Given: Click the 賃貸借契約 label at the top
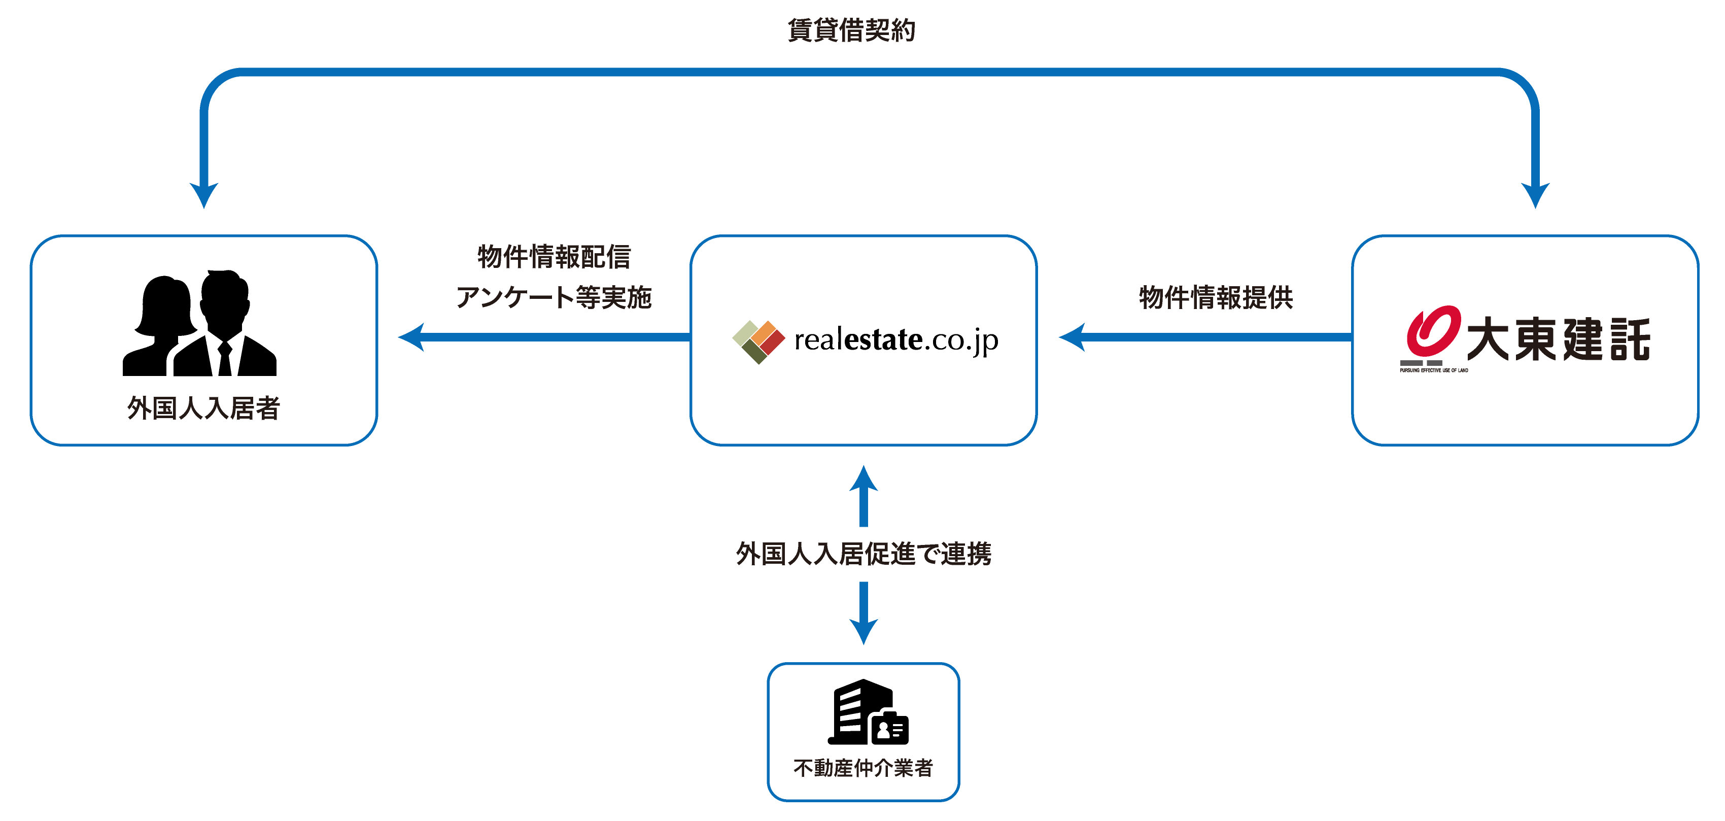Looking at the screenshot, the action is click(851, 30).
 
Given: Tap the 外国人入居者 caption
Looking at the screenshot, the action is click(203, 408).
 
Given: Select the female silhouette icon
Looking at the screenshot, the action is click(161, 326).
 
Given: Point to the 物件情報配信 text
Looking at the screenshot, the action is click(555, 256).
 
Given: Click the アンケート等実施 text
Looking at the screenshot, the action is click(554, 297).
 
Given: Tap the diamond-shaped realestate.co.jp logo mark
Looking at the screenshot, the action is click(758, 341).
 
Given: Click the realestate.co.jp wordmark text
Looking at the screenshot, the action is click(896, 340).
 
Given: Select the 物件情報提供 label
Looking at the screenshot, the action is click(1216, 297).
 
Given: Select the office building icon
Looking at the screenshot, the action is click(868, 712).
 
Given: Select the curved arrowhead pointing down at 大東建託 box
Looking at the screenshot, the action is click(1535, 195).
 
